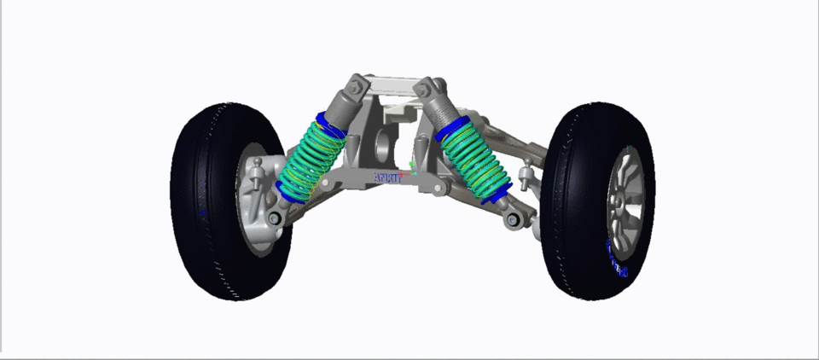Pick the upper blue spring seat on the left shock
[x=329, y=123]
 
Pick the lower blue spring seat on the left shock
[x=290, y=192]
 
